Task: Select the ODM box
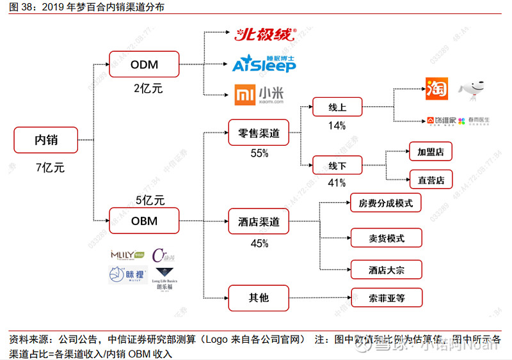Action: [144, 65]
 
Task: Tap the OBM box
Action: [144, 221]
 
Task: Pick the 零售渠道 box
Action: [259, 134]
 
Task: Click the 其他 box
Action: [259, 297]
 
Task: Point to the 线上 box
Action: [337, 106]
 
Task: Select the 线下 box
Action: [337, 165]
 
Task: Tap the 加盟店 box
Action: [431, 152]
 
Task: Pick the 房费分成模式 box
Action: [386, 204]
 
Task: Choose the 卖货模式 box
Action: [386, 239]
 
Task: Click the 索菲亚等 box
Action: [386, 297]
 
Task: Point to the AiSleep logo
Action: [263, 64]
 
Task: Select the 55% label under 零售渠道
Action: [259, 153]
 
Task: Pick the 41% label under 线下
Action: [337, 184]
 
